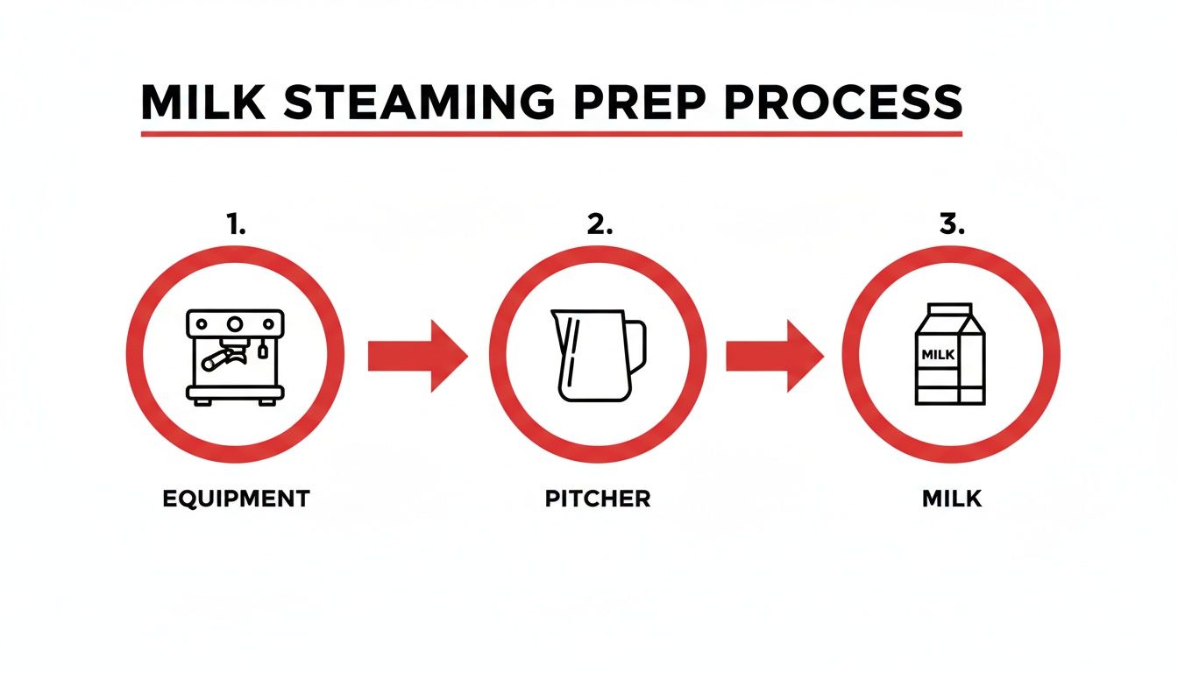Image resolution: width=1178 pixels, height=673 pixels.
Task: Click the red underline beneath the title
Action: click(x=551, y=134)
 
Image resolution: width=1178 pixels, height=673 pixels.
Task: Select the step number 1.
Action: click(x=235, y=224)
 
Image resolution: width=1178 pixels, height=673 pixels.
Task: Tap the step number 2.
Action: click(x=599, y=224)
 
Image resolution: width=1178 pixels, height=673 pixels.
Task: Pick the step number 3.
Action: click(x=951, y=224)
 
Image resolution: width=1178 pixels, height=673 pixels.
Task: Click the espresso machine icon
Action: click(x=235, y=356)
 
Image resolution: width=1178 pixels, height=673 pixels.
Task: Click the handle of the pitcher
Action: click(x=638, y=344)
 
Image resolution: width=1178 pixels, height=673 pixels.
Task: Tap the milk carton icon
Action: click(x=950, y=354)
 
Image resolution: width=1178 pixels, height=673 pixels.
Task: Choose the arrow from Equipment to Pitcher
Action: click(x=417, y=356)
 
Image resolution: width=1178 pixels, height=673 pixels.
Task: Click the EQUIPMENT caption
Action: click(x=236, y=499)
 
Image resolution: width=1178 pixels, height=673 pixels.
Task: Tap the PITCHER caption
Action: click(x=598, y=499)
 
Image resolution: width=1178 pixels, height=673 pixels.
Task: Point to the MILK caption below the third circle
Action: click(x=952, y=499)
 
